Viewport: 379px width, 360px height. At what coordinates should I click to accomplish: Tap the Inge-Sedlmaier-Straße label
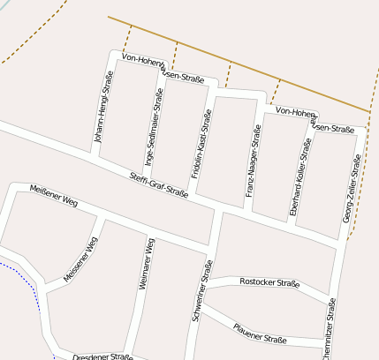pos(154,127)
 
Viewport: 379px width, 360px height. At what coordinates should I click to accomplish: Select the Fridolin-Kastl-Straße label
pos(201,144)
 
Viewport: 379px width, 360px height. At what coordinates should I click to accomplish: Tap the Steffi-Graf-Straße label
pos(164,184)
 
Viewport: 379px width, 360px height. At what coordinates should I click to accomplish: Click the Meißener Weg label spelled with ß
pos(55,195)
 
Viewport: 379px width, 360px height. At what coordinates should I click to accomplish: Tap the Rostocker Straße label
pos(269,283)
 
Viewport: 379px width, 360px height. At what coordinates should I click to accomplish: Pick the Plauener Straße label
pos(260,333)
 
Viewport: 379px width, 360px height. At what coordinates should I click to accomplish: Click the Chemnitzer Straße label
pos(329,328)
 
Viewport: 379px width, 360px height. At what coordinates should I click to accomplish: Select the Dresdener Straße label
pos(102,357)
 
